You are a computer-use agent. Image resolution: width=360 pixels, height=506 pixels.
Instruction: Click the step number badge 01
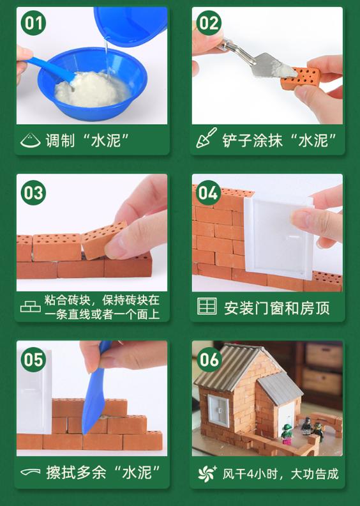(34, 24)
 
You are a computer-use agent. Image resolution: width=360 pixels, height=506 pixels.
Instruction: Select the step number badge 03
(34, 192)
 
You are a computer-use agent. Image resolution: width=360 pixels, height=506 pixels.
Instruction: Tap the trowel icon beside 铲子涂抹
(206, 138)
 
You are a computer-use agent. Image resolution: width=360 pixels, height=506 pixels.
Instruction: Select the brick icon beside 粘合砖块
(30, 307)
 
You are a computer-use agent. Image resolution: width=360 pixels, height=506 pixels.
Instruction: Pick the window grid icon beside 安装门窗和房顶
(207, 307)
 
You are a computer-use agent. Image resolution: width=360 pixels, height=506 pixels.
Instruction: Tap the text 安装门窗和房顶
(276, 307)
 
